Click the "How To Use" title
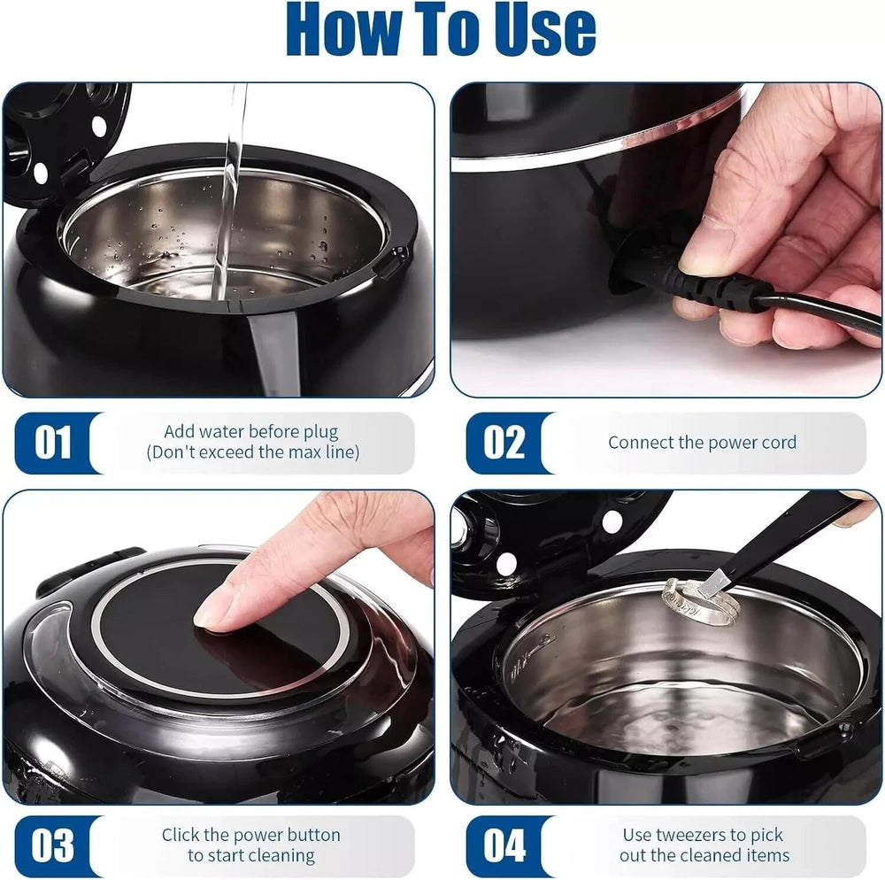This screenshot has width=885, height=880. click(441, 28)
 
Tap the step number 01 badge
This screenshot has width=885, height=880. click(53, 443)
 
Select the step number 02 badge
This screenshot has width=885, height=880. click(504, 443)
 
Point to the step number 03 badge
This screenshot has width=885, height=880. click(52, 845)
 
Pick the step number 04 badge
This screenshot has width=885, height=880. click(504, 845)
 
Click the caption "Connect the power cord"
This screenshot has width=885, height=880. click(702, 443)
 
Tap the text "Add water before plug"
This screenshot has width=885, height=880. click(251, 432)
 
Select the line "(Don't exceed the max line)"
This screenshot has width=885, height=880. click(252, 452)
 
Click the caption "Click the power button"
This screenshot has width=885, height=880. click(251, 835)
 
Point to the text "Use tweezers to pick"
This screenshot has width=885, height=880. click(703, 835)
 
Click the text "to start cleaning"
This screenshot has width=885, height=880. click(251, 856)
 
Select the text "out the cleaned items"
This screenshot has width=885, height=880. click(704, 856)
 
